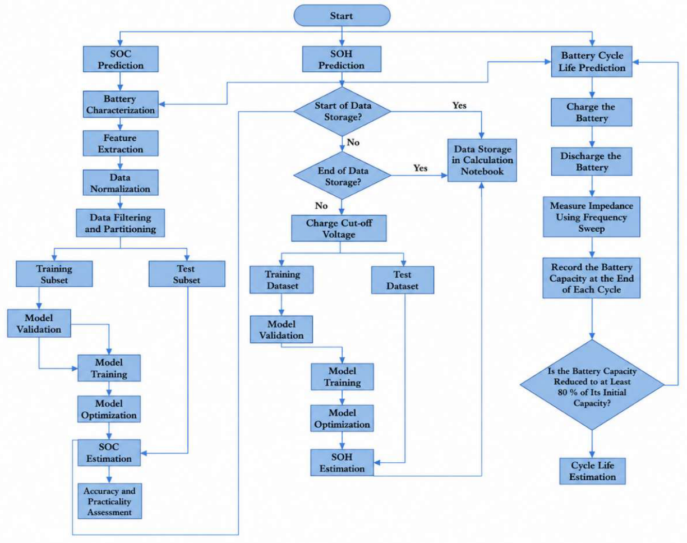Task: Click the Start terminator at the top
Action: coord(342,15)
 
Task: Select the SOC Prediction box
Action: coord(121,59)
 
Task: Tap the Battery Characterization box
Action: coord(121,104)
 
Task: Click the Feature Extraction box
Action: coord(121,143)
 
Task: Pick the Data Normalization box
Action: coord(121,182)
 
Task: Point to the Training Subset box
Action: coord(54,274)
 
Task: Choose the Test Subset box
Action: coord(187,274)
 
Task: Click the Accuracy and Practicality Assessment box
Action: coord(109,501)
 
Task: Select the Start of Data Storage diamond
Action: coord(342,112)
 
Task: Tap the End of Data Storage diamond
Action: coord(342,176)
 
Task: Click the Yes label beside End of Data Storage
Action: coord(421,168)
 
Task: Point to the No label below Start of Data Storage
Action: coord(353,142)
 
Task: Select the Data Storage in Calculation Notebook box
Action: coord(482,160)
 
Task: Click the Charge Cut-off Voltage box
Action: coord(339,228)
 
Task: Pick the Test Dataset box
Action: coord(403,280)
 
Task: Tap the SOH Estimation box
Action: coord(342,463)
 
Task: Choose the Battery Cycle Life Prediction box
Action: coord(592,61)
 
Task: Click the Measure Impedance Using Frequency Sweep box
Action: coord(592,217)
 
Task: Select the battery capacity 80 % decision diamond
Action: coord(592,385)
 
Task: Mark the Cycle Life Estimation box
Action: coord(593,471)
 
